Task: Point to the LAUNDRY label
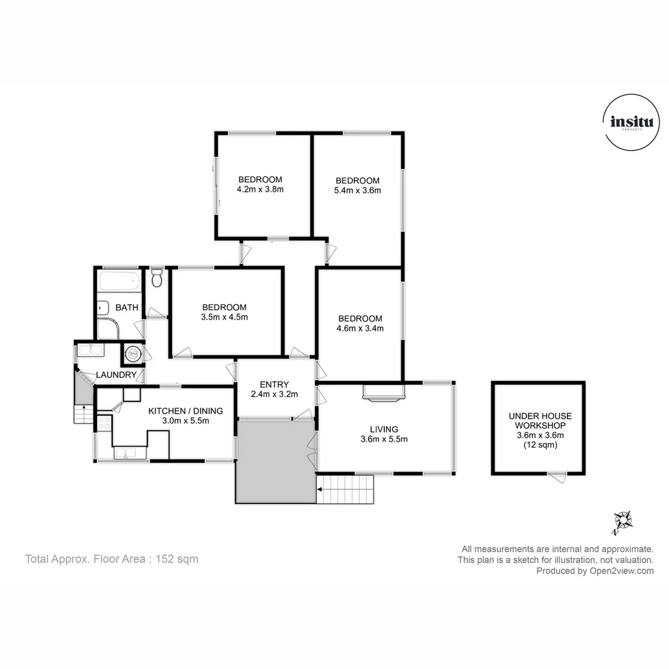coord(116,375)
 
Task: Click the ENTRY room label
coord(275,384)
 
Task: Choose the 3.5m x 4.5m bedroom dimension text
coord(224,317)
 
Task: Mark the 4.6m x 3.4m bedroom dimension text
coord(359,328)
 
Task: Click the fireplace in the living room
coord(384,393)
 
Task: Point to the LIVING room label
coord(384,429)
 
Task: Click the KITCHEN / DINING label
coord(185,410)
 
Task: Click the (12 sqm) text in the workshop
coord(540,445)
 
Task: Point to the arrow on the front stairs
coord(320,489)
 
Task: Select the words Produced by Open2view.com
coord(595,571)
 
